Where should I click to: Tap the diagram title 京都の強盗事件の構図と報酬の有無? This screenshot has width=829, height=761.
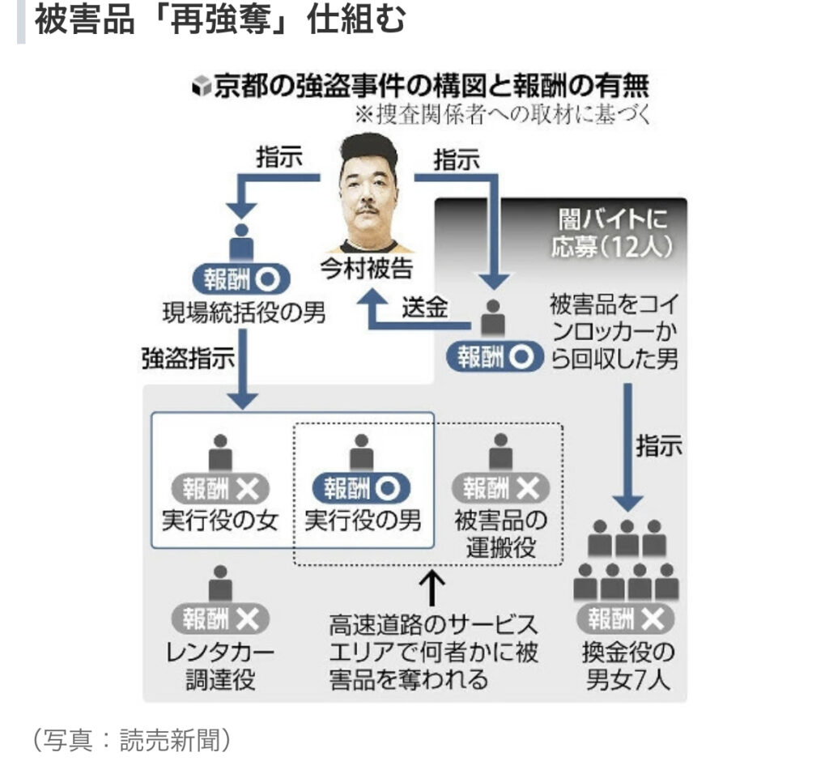[x=429, y=86]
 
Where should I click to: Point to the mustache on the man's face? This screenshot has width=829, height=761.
[x=368, y=209]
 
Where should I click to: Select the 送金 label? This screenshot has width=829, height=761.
[x=425, y=308]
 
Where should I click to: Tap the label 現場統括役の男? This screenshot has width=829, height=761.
[x=243, y=312]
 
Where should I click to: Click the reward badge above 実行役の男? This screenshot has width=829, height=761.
[x=362, y=488]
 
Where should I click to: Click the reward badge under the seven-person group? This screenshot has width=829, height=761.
[x=626, y=619]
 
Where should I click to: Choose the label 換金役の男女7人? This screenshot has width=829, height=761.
[x=628, y=665]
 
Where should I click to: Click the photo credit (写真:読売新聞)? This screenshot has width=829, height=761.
[x=132, y=738]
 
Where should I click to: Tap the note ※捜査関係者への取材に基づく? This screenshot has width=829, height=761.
[x=503, y=114]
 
